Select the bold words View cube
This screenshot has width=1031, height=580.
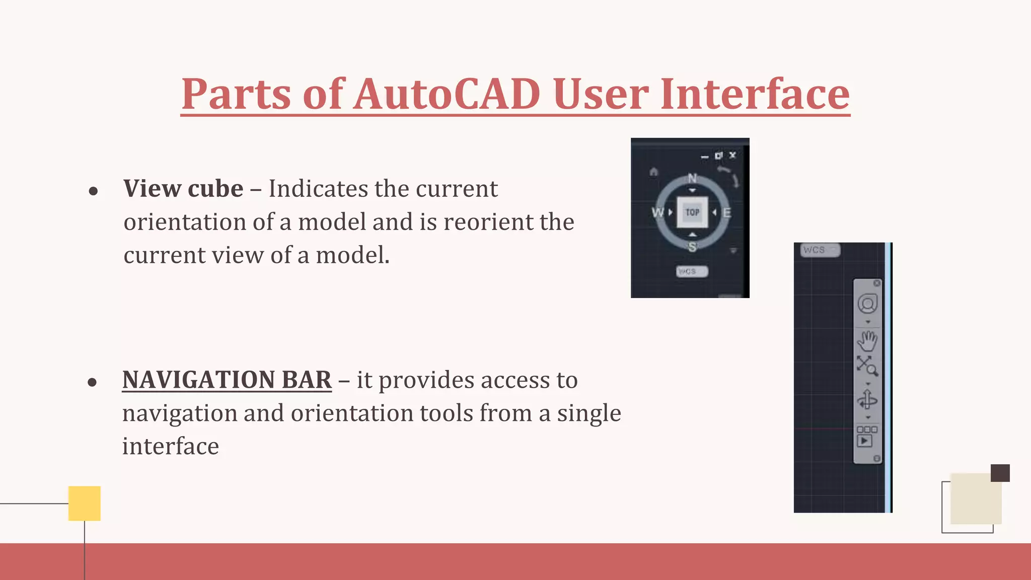183,189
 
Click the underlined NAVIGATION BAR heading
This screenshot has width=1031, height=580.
227,380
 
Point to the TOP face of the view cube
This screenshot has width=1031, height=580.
692,212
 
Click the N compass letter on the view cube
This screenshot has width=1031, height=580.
692,178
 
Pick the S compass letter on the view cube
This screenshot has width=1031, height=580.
692,247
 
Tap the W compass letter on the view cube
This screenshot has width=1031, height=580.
657,212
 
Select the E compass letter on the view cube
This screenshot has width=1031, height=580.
727,212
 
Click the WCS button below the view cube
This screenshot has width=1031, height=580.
692,271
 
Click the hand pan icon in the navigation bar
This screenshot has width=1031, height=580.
867,341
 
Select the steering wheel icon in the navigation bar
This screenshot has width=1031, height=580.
867,304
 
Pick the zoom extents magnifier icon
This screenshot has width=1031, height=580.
867,366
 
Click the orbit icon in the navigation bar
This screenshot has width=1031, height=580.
867,400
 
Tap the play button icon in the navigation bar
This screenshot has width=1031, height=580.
865,441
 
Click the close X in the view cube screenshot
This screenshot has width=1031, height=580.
732,155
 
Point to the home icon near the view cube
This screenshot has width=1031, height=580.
653,172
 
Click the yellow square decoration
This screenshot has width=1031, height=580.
85,503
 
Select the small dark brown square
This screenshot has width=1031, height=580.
1000,473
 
